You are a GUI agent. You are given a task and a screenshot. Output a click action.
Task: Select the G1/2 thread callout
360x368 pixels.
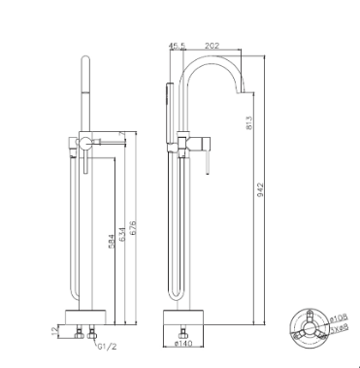(107, 343)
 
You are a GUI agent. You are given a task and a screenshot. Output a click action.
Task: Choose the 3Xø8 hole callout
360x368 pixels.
(338, 329)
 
